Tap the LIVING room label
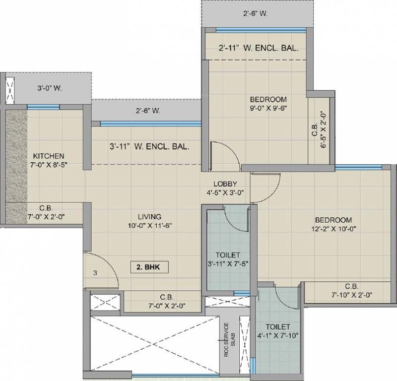pos(149,217)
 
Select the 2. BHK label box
pos(149,266)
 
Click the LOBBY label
pos(225,184)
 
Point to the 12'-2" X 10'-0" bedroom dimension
pos(333,229)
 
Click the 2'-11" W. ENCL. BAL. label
pos(258,49)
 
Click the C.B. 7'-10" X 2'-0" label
pos(351,290)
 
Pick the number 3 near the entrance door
pos(95,273)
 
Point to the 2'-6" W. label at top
pos(256,14)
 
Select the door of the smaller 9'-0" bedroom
pos(224,154)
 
